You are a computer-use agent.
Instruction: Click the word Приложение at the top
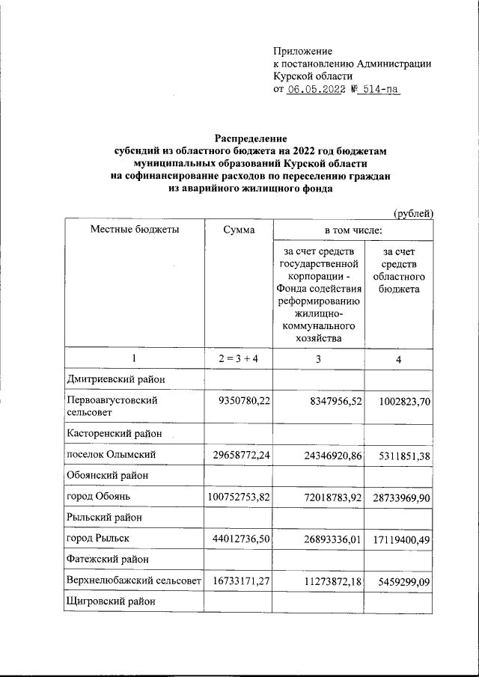point(303,51)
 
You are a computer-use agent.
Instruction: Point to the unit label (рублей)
point(414,213)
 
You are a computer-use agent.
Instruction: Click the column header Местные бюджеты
point(135,230)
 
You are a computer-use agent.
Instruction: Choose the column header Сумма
point(238,230)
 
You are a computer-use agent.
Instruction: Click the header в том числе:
point(353,230)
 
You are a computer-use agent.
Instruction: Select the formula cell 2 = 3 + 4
point(238,360)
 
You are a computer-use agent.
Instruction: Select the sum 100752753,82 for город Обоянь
point(239,496)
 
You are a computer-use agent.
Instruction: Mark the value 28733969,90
point(400,496)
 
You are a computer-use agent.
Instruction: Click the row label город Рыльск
point(99,538)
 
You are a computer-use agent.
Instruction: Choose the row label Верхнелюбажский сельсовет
point(135,580)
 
